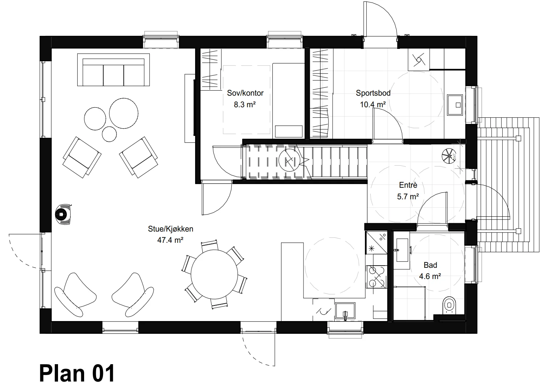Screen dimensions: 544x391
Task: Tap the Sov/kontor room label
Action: (245, 93)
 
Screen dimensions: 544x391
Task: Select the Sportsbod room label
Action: (373, 93)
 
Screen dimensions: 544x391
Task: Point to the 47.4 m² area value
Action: (170, 240)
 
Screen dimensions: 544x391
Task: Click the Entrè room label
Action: (408, 185)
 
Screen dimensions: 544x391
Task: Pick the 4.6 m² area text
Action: (430, 276)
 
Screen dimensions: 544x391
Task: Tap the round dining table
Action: (214, 275)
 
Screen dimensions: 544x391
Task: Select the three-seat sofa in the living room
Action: (114, 70)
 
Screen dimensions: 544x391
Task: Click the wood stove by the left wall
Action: (63, 214)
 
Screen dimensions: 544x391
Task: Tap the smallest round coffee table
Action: (109, 134)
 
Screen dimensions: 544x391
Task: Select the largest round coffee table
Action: (124, 113)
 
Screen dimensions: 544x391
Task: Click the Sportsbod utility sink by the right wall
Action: (455, 105)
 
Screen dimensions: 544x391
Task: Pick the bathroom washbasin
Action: (402, 250)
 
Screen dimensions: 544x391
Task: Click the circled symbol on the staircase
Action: (289, 160)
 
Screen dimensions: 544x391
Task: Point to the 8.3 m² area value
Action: (244, 105)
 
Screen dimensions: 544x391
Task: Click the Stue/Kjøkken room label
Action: (170, 229)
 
